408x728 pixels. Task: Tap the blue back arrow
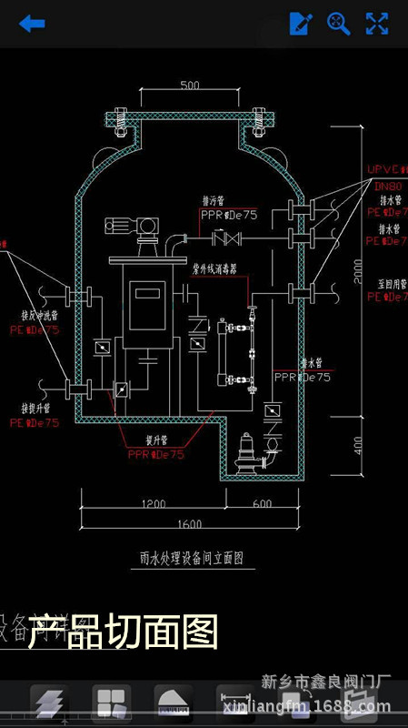[32, 24]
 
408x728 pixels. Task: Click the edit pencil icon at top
[301, 24]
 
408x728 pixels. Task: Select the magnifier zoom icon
[339, 24]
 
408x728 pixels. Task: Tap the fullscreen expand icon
[377, 24]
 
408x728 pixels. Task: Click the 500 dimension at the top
[190, 86]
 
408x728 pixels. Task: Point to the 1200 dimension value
[152, 503]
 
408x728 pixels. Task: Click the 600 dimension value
[262, 503]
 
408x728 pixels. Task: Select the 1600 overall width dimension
[189, 524]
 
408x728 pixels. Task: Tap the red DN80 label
[388, 186]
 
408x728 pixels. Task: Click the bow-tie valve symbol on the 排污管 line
[224, 239]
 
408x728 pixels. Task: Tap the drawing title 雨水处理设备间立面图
[189, 557]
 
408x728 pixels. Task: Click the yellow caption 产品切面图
[124, 632]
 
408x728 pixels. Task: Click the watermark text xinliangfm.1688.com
[326, 707]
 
